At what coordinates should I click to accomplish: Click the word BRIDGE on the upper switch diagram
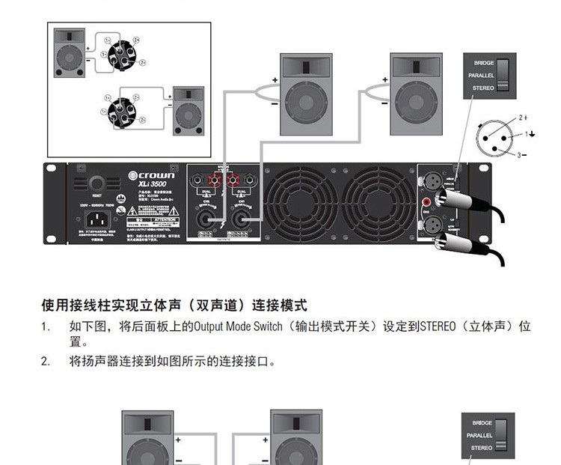[483, 63]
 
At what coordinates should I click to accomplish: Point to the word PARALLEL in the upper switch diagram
[481, 76]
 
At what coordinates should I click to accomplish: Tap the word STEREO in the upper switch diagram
[482, 88]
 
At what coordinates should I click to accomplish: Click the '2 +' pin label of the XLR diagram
[523, 118]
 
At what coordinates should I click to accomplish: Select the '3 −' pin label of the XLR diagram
[521, 155]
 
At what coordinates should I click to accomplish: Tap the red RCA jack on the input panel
[426, 201]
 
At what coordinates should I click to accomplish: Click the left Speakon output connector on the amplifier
[204, 220]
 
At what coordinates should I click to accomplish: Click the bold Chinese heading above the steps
[174, 306]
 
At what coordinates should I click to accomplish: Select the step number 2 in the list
[45, 362]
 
